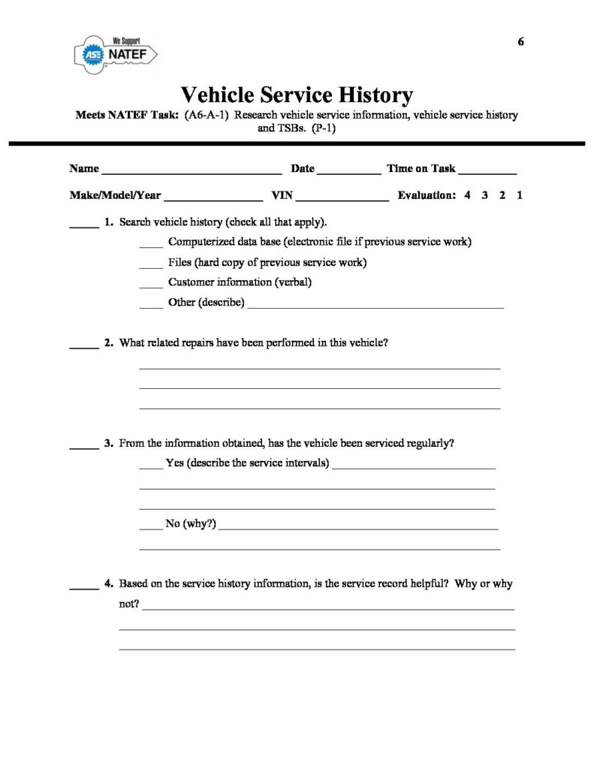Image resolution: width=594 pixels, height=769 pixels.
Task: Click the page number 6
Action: point(520,41)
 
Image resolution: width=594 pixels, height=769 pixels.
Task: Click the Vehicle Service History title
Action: point(297,95)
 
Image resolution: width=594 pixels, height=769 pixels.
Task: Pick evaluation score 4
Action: point(467,195)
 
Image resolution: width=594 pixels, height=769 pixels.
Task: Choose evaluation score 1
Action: point(520,195)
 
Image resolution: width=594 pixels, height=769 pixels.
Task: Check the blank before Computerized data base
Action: point(151,244)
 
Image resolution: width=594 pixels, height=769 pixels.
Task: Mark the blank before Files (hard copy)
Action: point(151,265)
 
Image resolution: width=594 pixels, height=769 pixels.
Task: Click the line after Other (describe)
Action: point(375,306)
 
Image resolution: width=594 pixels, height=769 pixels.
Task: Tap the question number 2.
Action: point(109,343)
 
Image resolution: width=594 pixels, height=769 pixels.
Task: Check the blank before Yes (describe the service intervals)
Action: point(150,466)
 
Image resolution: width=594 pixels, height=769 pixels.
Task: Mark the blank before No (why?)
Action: point(150,526)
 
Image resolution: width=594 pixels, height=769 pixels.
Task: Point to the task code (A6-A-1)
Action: point(207,116)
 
